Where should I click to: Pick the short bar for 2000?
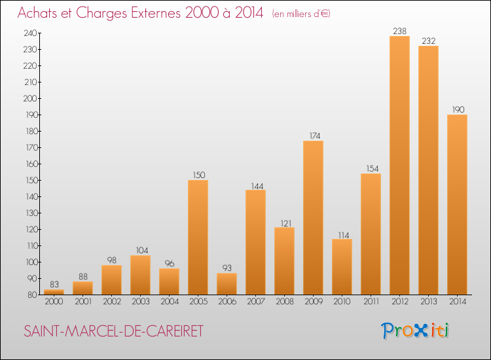pyautogui.click(x=54, y=292)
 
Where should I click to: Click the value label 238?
pyautogui.click(x=399, y=30)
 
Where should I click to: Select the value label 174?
pyautogui.click(x=313, y=135)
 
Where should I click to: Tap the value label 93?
pyautogui.click(x=227, y=268)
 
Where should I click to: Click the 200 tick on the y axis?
pyautogui.click(x=30, y=98)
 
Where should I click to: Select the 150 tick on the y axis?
pyautogui.click(x=30, y=180)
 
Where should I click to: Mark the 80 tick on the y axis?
pyautogui.click(x=32, y=295)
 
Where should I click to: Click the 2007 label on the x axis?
pyautogui.click(x=255, y=302)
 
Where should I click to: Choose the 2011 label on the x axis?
pyautogui.click(x=371, y=302)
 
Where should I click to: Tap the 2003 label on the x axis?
pyautogui.click(x=140, y=302)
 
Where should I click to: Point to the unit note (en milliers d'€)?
pyautogui.click(x=301, y=14)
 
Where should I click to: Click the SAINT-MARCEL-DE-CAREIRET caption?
pyautogui.click(x=113, y=331)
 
